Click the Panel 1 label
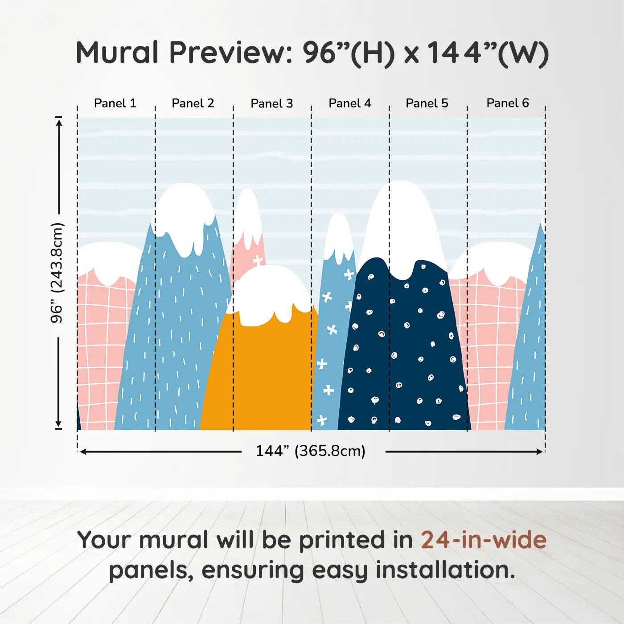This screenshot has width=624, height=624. point(115,103)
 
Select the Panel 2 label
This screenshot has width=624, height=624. point(193,103)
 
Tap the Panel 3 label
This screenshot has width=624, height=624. point(272,103)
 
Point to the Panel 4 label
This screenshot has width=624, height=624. point(350,103)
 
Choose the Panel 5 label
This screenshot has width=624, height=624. point(427,103)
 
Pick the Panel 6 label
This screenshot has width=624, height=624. point(507,103)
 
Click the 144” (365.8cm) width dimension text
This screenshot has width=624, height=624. point(311,451)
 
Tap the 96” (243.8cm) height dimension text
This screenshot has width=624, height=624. point(57,273)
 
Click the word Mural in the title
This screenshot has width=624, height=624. point(117,53)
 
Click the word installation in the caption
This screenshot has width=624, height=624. point(445,571)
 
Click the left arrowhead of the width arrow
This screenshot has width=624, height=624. point(82,452)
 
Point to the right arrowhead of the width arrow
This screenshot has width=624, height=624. point(540,452)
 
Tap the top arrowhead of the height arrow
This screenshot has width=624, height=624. point(59,122)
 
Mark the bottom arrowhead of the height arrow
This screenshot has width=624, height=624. point(58,424)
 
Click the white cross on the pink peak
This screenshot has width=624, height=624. point(258,260)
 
